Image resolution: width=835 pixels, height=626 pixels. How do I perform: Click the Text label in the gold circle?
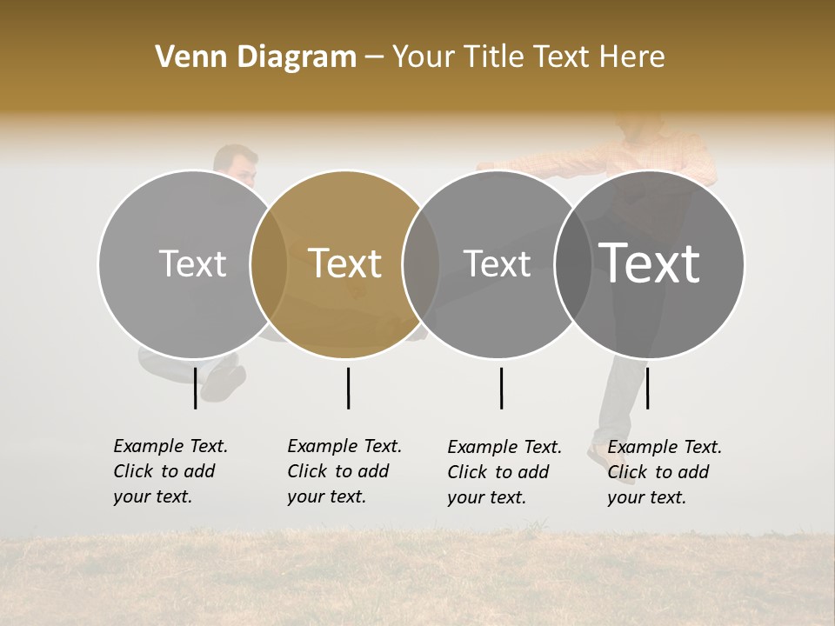click(x=345, y=263)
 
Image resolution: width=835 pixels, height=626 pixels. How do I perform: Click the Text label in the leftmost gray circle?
click(x=192, y=263)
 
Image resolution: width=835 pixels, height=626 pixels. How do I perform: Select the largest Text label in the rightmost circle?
click(x=649, y=263)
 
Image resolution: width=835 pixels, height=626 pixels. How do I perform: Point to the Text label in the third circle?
click(x=497, y=263)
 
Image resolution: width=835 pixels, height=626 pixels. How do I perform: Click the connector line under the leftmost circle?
click(x=196, y=388)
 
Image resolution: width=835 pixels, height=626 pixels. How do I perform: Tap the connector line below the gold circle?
click(x=348, y=388)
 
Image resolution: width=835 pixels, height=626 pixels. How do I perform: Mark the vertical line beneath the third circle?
click(x=501, y=388)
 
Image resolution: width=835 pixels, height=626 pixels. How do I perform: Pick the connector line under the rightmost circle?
click(x=647, y=388)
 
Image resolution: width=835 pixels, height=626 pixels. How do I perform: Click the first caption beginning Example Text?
click(x=170, y=471)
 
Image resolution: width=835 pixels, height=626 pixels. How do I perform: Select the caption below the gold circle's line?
click(x=344, y=471)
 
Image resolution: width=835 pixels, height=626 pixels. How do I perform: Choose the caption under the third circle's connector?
click(x=504, y=472)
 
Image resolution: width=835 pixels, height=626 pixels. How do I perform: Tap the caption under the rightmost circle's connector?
click(x=665, y=472)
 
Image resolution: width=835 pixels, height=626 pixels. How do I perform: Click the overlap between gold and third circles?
click(x=421, y=264)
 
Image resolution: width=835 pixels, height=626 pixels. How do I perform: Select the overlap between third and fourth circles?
click(x=573, y=264)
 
